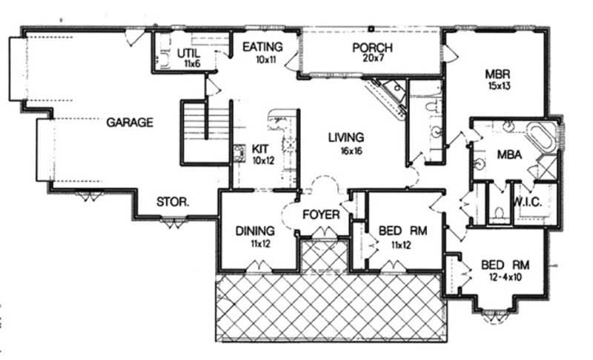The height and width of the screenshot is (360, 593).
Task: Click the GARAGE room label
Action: (x=129, y=122)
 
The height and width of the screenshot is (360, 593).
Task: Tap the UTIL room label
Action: (x=188, y=53)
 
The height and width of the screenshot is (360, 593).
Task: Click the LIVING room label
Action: (x=345, y=138)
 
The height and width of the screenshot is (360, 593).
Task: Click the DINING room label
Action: (x=255, y=230)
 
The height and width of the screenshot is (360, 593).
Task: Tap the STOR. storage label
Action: (x=172, y=201)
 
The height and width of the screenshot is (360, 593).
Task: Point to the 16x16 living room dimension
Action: (x=345, y=150)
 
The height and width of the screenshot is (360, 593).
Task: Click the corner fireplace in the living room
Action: (x=391, y=95)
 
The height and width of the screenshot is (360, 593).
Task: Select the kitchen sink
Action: (x=239, y=154)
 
